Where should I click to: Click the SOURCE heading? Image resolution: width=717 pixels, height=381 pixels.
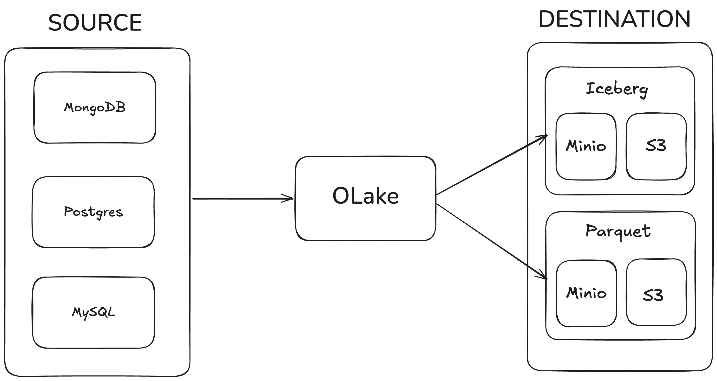(95, 23)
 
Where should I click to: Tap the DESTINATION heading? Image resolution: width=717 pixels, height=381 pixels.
(615, 19)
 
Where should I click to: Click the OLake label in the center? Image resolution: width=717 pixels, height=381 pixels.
(365, 196)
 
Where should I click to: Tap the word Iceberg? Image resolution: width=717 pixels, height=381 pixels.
(617, 89)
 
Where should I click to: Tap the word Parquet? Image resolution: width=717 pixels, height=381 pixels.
(618, 231)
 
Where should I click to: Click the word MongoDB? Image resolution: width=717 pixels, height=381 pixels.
(95, 108)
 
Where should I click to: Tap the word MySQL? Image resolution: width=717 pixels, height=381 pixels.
(93, 313)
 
